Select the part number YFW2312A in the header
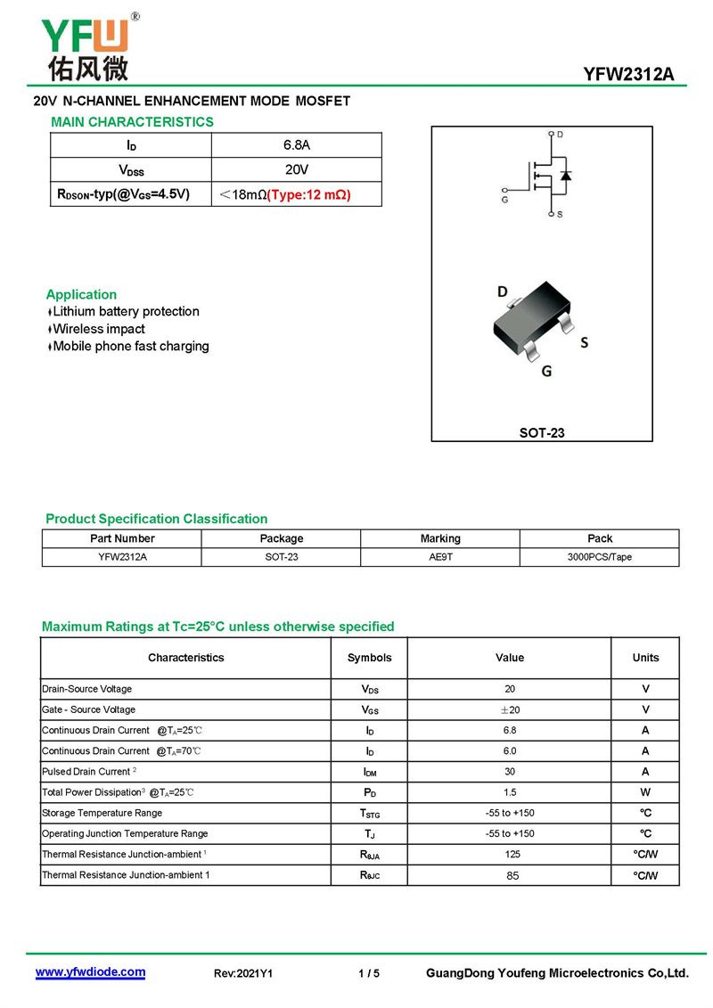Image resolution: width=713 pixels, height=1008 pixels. tap(628, 75)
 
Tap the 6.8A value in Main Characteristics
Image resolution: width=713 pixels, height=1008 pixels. tap(296, 144)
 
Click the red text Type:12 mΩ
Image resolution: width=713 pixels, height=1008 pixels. tap(308, 194)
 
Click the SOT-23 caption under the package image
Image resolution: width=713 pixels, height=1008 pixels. tap(542, 433)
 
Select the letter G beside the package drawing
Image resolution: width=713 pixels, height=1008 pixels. tap(546, 371)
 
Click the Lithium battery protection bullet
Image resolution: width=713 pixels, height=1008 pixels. tap(126, 312)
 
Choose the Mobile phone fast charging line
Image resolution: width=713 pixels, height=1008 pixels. tap(130, 346)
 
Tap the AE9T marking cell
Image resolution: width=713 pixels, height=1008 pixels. tap(440, 557)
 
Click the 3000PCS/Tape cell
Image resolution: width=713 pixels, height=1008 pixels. tap(600, 557)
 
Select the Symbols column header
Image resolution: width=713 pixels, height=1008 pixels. tap(369, 658)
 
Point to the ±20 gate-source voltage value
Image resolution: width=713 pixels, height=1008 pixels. tap(509, 710)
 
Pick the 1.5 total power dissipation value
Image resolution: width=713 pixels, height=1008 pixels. tap(509, 792)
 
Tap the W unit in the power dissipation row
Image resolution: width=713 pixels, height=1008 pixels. tap(645, 792)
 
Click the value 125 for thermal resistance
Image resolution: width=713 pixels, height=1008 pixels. tap(509, 855)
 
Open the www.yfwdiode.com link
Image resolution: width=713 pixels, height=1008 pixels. tap(90, 972)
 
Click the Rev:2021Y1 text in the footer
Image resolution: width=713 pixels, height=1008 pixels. tap(243, 973)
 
